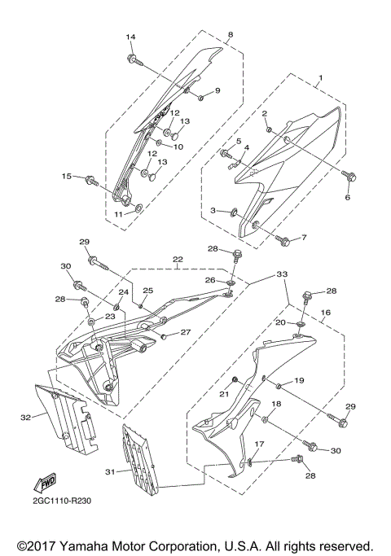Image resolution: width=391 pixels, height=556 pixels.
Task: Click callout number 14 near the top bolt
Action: coord(132,37)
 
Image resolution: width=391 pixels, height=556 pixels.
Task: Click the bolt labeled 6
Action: coord(349,174)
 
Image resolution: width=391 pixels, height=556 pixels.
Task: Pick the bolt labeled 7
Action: coord(283,241)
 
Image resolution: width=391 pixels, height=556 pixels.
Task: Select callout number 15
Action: coord(68,177)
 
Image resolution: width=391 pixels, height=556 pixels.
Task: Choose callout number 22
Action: coord(177,260)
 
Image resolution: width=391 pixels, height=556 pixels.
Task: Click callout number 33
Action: coord(282,274)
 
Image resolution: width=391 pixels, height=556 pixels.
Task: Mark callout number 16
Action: coord(324,312)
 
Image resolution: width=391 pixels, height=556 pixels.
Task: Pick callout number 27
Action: coord(185,332)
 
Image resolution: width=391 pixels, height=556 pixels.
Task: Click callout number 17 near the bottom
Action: coord(260,444)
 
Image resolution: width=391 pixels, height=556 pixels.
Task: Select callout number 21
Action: coord(221,393)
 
